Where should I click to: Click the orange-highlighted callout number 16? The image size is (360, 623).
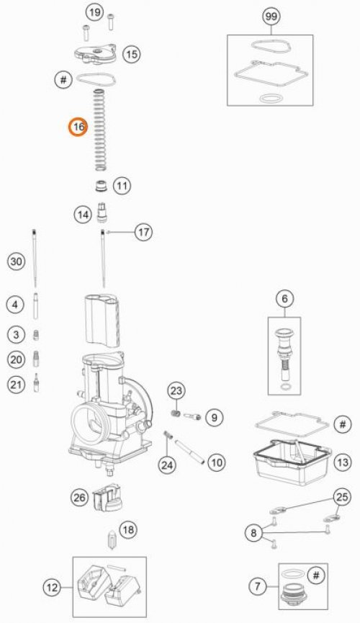pyautogui.click(x=78, y=127)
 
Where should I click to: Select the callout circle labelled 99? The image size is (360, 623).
pyautogui.click(x=271, y=16)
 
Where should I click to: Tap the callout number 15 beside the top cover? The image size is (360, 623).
pyautogui.click(x=130, y=53)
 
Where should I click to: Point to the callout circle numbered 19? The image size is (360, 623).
pyautogui.click(x=94, y=12)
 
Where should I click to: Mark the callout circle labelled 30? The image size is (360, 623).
pyautogui.click(x=17, y=261)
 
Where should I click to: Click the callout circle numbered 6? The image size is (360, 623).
pyautogui.click(x=284, y=298)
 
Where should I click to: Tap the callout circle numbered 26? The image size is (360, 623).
pyautogui.click(x=80, y=496)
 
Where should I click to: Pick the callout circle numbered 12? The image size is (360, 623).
pyautogui.click(x=52, y=588)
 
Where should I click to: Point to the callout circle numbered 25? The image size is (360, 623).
pyautogui.click(x=342, y=498)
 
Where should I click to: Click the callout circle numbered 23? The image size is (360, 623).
pyautogui.click(x=177, y=390)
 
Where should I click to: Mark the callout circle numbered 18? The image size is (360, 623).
pyautogui.click(x=127, y=530)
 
